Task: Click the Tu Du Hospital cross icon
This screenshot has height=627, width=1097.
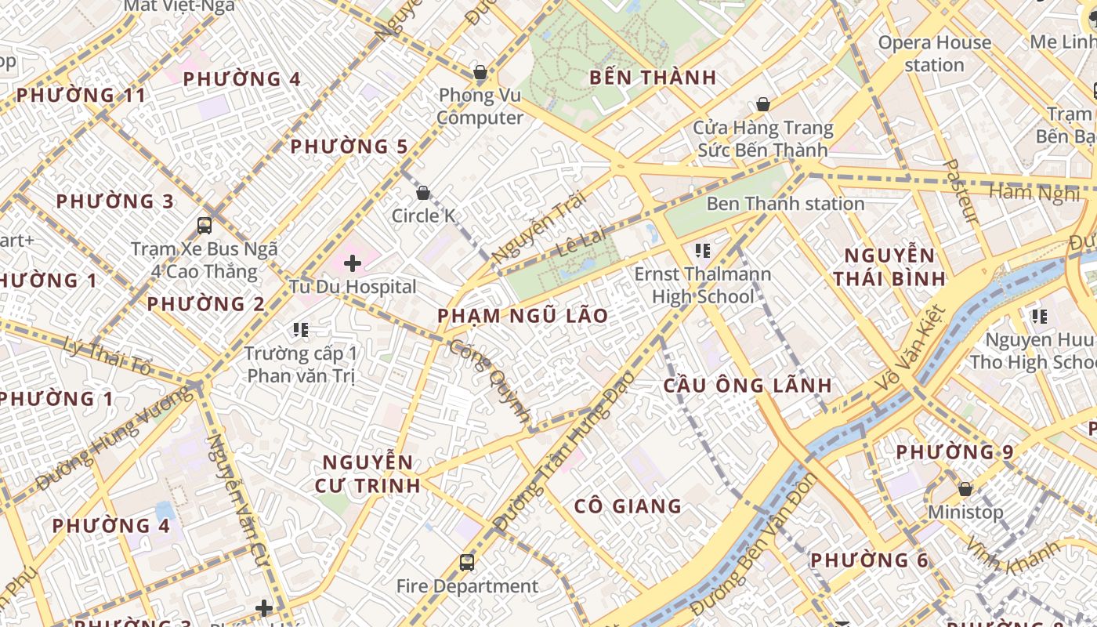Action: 353,263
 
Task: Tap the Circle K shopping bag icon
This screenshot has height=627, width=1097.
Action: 423,193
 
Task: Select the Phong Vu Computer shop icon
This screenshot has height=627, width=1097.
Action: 480,73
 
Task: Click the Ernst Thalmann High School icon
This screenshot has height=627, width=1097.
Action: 703,251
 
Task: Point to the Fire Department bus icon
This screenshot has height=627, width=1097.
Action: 467,562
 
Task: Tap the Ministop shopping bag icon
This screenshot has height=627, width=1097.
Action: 965,489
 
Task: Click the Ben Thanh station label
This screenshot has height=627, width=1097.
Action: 785,204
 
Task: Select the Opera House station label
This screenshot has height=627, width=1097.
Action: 934,53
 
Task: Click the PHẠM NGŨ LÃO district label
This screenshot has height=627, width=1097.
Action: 523,316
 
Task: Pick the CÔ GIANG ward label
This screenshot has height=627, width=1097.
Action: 628,506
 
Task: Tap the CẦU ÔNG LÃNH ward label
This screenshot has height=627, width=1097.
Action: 748,386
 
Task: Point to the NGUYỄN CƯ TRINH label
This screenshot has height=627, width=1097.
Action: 367,473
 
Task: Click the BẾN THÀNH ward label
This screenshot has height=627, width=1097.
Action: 653,78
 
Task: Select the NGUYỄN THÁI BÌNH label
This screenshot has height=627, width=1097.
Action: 889,266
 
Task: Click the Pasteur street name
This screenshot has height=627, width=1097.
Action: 961,190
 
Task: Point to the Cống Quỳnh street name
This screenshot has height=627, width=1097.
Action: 490,380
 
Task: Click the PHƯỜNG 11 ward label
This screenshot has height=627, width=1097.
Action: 81,96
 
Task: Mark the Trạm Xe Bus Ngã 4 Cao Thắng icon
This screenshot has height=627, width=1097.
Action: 205,226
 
